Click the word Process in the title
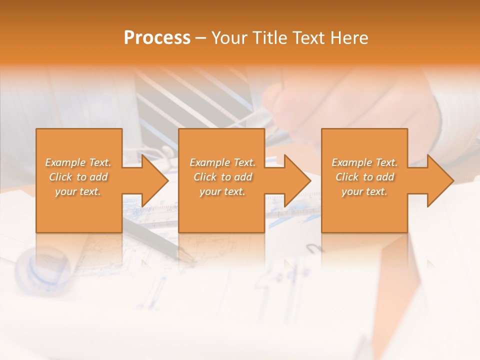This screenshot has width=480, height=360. [157, 38]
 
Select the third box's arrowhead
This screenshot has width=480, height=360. [440, 181]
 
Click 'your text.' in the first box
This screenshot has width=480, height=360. [78, 191]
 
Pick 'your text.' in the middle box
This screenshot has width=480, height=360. [222, 191]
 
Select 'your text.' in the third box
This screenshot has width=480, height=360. [364, 191]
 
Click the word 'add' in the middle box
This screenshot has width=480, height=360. [243, 177]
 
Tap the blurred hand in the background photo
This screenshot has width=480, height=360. [320, 110]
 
